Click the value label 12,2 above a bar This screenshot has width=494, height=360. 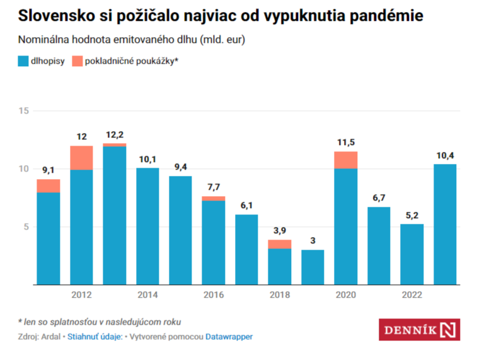115,136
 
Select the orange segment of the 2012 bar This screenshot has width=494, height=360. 82,158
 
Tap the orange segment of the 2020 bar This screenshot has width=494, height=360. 346,160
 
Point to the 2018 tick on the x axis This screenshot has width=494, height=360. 280,294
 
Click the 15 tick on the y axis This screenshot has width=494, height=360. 25,111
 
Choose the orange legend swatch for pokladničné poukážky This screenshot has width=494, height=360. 78,62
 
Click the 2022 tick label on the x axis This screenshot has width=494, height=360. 411,294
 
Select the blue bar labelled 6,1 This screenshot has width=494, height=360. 246,249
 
